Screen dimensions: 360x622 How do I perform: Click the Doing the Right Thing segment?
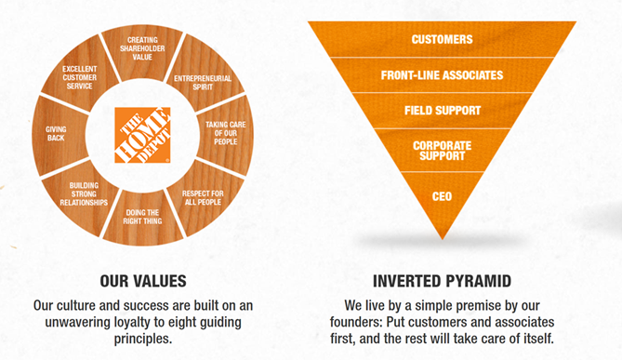142,217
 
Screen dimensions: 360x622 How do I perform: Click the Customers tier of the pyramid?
442,39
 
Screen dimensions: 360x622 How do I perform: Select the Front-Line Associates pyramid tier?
442,74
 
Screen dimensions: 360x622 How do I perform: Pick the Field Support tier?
442,110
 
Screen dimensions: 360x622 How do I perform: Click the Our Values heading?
141,279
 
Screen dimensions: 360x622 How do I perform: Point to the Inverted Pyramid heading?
442,279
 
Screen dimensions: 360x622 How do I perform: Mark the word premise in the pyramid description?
472,304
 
